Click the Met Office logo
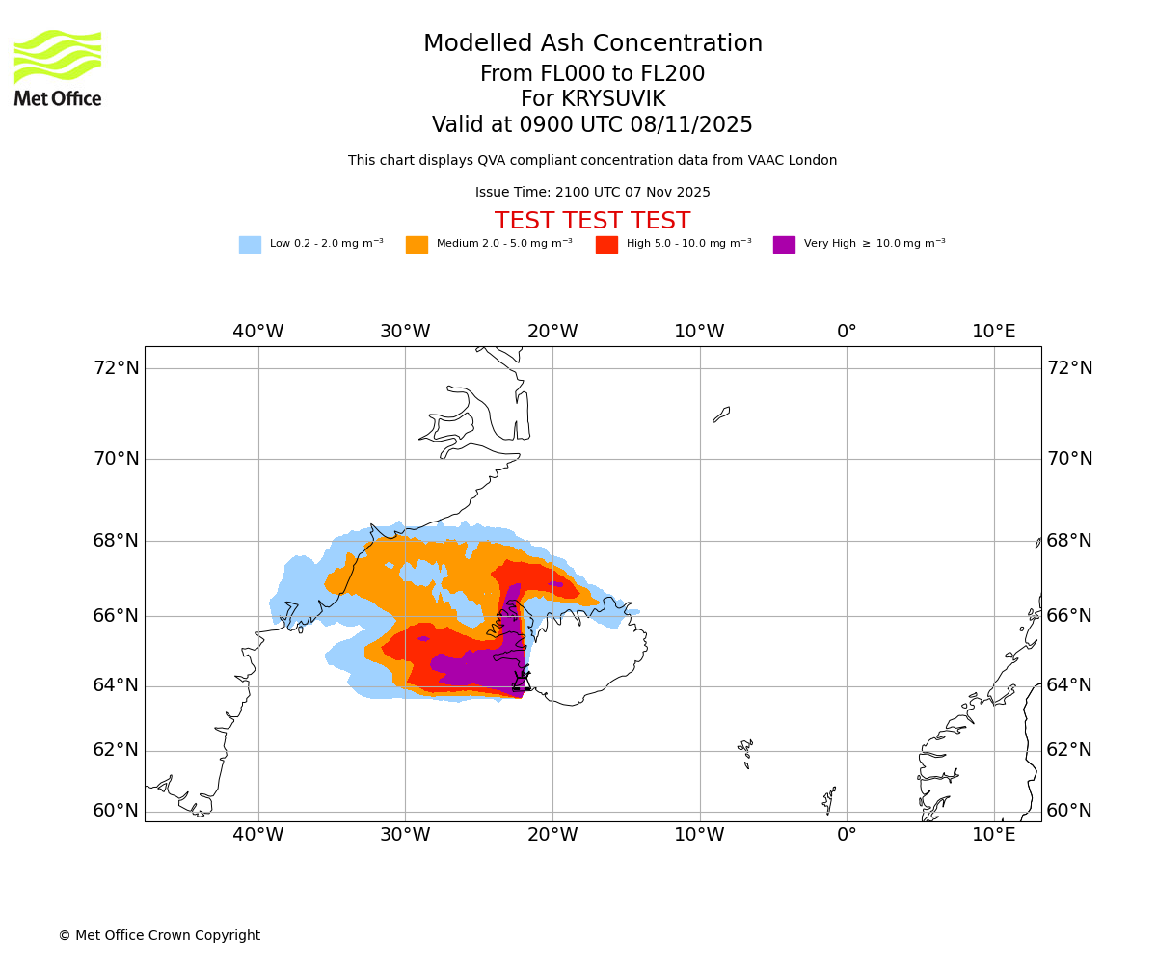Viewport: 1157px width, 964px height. (x=58, y=67)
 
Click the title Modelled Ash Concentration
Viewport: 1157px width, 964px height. (x=592, y=44)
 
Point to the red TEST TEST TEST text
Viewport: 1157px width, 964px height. (x=592, y=222)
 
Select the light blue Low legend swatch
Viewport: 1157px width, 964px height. (x=250, y=245)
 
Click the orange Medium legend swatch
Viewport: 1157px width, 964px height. (x=417, y=245)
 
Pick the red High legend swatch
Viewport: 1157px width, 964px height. (x=606, y=245)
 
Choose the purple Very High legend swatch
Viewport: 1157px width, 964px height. (x=784, y=245)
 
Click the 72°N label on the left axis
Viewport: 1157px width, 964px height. (x=116, y=368)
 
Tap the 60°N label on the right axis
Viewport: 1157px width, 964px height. (x=1069, y=811)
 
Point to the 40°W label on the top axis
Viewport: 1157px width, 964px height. (x=257, y=332)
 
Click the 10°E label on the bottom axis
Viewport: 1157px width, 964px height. (x=993, y=835)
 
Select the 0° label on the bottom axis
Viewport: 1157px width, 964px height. (x=847, y=835)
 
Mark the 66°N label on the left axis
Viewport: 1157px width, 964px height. (x=116, y=616)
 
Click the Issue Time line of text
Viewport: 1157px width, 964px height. (x=592, y=193)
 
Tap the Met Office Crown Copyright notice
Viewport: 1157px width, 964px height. (x=159, y=936)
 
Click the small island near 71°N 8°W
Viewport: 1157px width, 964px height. (x=721, y=415)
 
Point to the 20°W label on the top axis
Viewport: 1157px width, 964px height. (x=552, y=332)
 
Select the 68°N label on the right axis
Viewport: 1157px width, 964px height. (x=1069, y=541)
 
